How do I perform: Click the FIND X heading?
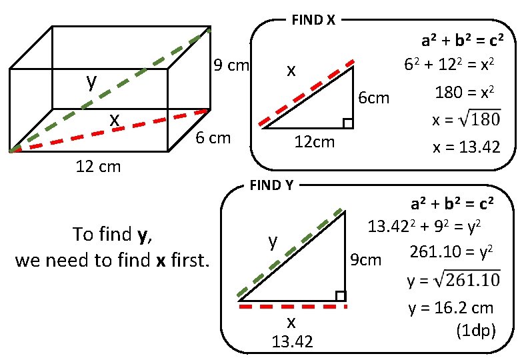click(x=313, y=20)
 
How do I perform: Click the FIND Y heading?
click(x=271, y=185)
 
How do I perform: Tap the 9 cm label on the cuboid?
click(x=231, y=65)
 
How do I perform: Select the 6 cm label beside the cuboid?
click(x=213, y=138)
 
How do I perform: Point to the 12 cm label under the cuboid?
click(x=97, y=167)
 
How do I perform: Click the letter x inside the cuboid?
click(x=115, y=119)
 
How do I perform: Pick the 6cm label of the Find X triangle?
click(x=374, y=99)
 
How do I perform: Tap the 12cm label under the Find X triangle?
click(x=315, y=142)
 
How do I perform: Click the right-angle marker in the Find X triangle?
click(x=347, y=123)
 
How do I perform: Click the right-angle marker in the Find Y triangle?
click(x=340, y=296)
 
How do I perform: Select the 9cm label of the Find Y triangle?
click(x=366, y=259)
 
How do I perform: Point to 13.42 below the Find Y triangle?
click(x=292, y=342)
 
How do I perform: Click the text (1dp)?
click(x=475, y=330)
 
